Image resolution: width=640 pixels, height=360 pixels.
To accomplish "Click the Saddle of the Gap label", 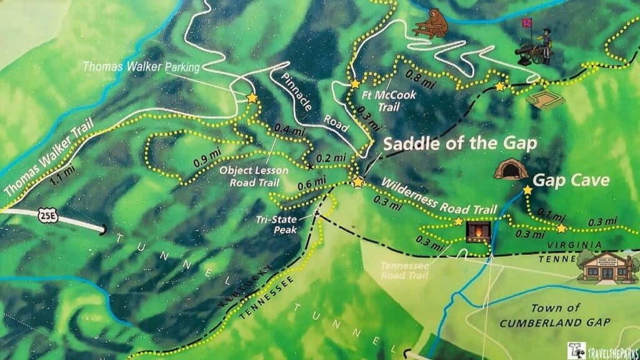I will pyautogui.click(x=459, y=144).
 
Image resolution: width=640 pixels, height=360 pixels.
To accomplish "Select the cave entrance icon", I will pyautogui.click(x=511, y=169).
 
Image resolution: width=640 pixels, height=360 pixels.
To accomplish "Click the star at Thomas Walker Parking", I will pyautogui.click(x=252, y=99).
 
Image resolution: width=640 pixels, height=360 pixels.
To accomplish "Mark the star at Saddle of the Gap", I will pyautogui.click(x=357, y=182).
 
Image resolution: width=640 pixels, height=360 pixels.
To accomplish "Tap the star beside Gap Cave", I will pyautogui.click(x=527, y=189).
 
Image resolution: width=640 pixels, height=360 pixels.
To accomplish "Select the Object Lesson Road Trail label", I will pyautogui.click(x=249, y=176).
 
